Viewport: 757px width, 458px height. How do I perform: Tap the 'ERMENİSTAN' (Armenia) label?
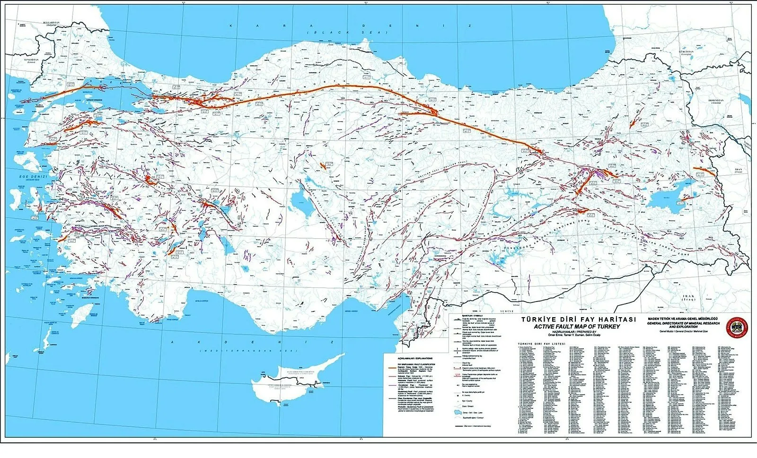click(714, 101)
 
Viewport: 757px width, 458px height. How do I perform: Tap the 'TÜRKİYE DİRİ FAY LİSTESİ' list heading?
click(542, 345)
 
